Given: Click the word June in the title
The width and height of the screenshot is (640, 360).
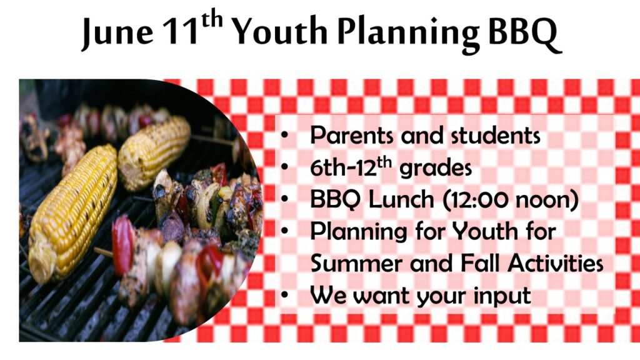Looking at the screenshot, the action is tap(117, 32).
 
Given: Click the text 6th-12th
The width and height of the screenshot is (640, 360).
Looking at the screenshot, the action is tap(351, 166).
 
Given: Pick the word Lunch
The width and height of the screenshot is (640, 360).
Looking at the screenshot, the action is tap(401, 199).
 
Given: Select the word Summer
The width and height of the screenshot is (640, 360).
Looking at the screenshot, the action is tap(357, 264).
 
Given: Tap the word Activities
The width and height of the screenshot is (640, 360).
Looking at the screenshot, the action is tap(556, 263).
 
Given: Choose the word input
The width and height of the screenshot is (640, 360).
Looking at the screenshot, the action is tap(502, 296).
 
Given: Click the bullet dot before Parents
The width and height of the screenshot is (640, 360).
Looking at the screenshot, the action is tap(284, 136).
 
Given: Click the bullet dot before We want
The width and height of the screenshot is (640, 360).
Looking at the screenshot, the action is tap(284, 295).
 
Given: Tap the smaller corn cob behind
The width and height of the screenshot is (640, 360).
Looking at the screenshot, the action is tap(154, 152).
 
